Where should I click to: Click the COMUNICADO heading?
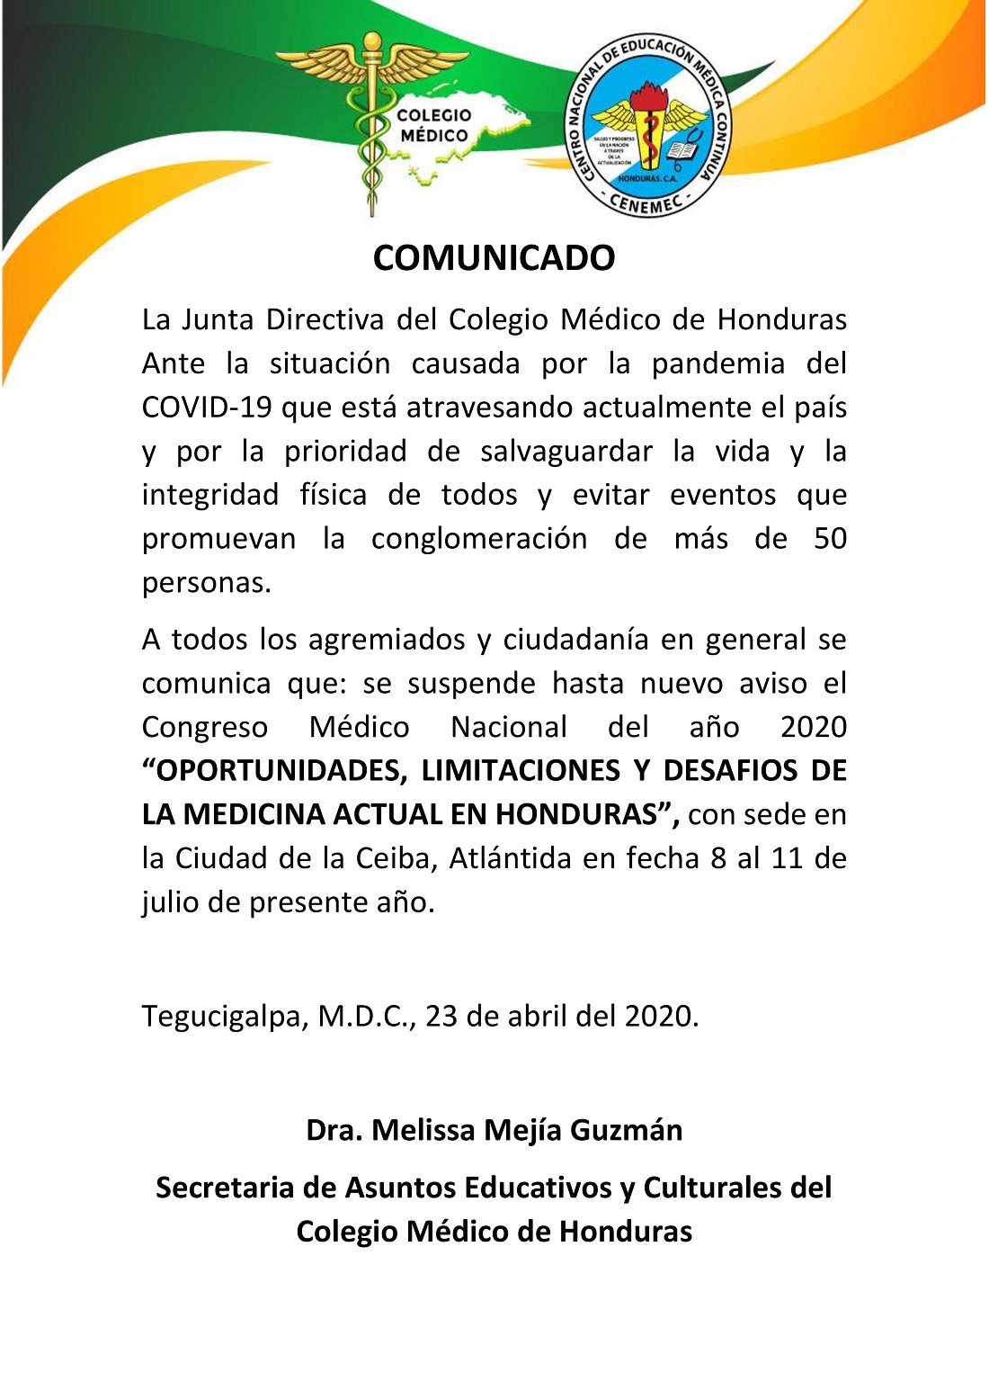click(494, 258)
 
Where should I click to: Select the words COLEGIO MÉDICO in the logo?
click(434, 126)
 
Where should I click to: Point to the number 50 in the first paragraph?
click(830, 539)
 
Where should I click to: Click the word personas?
click(206, 583)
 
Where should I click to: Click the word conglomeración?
click(478, 539)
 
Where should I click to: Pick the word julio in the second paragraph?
click(171, 902)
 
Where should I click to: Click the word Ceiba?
click(395, 858)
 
